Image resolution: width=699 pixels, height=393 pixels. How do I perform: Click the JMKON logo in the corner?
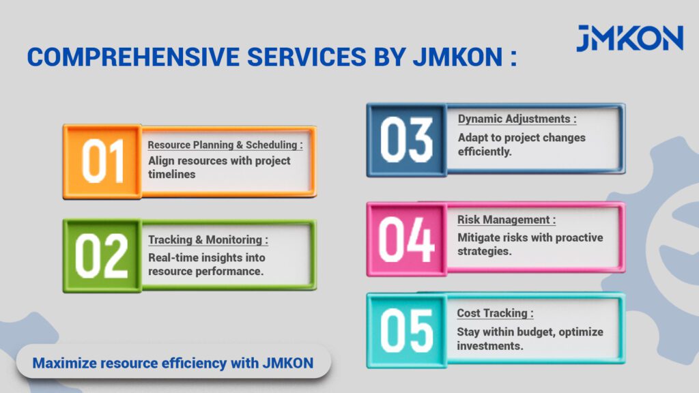(x=629, y=38)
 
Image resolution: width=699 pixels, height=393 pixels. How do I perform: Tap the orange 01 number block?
(x=102, y=162)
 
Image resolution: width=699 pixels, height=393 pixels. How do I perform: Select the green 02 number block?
(x=102, y=256)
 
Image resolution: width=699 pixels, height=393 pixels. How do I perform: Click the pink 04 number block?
(x=407, y=239)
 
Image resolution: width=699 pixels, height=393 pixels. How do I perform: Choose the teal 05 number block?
(x=407, y=331)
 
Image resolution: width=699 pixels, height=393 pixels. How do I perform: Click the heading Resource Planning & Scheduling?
(x=225, y=145)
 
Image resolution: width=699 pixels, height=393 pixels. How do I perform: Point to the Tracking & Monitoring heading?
(x=208, y=239)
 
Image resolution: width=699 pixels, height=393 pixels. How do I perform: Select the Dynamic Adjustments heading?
(x=517, y=119)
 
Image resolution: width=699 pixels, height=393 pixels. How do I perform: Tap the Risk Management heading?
(x=507, y=220)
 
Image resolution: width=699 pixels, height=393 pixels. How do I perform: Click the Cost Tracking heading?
(x=495, y=313)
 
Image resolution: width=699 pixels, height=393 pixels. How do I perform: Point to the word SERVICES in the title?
(x=306, y=57)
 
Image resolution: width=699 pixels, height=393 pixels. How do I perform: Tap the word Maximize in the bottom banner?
(x=65, y=363)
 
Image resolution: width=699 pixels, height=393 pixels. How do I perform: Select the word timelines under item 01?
(x=171, y=174)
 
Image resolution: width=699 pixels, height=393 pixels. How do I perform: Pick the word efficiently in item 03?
(x=485, y=152)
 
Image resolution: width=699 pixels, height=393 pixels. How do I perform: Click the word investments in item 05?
(x=490, y=346)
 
